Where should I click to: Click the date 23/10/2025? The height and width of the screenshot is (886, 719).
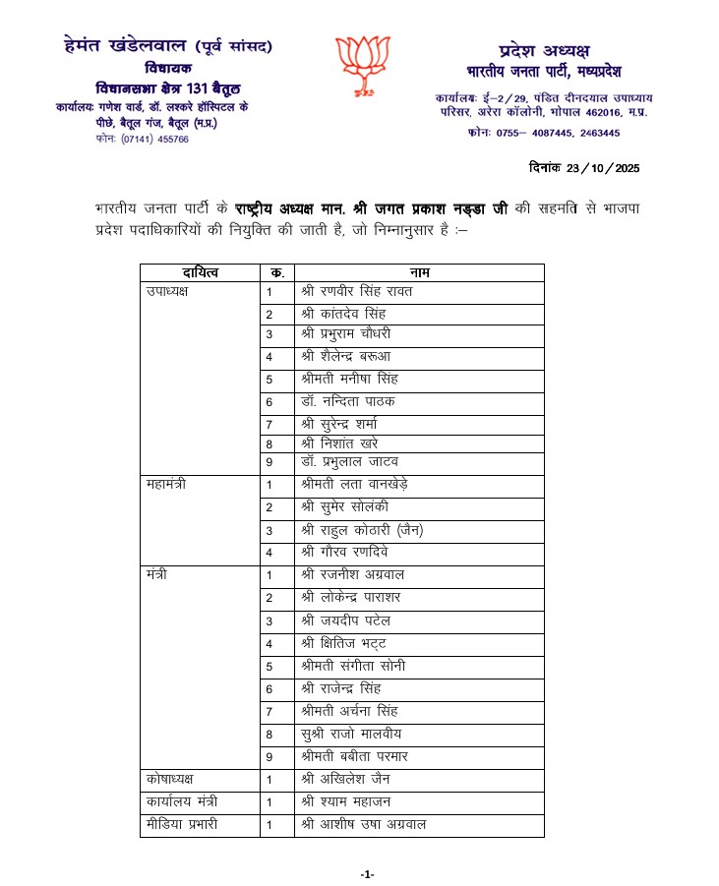[x=584, y=168]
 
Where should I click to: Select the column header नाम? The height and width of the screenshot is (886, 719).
[x=420, y=271]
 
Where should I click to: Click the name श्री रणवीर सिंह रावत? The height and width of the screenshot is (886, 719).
[x=357, y=292]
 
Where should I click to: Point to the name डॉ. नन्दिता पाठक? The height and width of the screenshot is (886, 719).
[x=349, y=401]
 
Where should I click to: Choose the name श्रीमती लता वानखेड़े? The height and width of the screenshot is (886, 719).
[x=355, y=485]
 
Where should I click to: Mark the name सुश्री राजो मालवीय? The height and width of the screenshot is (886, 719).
[x=352, y=734]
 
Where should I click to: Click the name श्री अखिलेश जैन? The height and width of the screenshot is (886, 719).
[x=347, y=780]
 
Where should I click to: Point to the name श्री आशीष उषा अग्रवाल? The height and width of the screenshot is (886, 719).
[x=364, y=825]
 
